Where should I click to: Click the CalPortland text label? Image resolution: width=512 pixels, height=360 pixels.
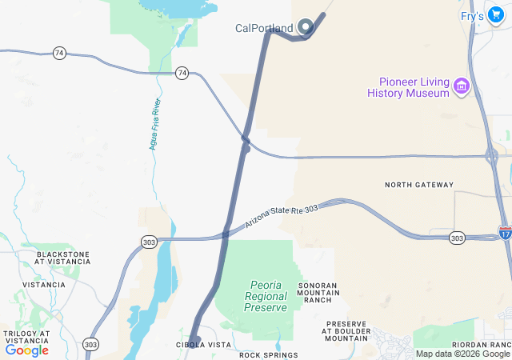[264, 28]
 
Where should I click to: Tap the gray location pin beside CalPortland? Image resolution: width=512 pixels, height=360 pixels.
[305, 27]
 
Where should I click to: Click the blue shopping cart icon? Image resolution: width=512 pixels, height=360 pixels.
[495, 14]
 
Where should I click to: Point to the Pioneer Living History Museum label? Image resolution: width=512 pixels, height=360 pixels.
[408, 87]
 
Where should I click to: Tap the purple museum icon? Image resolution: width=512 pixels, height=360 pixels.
[461, 86]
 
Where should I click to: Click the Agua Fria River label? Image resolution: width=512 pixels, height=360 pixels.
[155, 124]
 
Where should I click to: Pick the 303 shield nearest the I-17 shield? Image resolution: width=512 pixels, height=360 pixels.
[457, 238]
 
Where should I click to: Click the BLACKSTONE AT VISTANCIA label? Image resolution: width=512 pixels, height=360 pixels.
[62, 258]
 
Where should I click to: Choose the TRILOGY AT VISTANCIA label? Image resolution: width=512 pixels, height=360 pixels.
[26, 337]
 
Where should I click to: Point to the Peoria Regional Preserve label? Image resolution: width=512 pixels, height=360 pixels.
[266, 296]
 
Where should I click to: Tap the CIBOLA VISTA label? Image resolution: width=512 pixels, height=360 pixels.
[203, 345]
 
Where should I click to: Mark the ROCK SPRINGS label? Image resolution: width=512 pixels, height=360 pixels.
[268, 354]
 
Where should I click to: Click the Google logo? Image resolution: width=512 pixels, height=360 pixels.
[26, 350]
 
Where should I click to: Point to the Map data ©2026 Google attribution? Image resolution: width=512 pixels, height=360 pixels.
[462, 354]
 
